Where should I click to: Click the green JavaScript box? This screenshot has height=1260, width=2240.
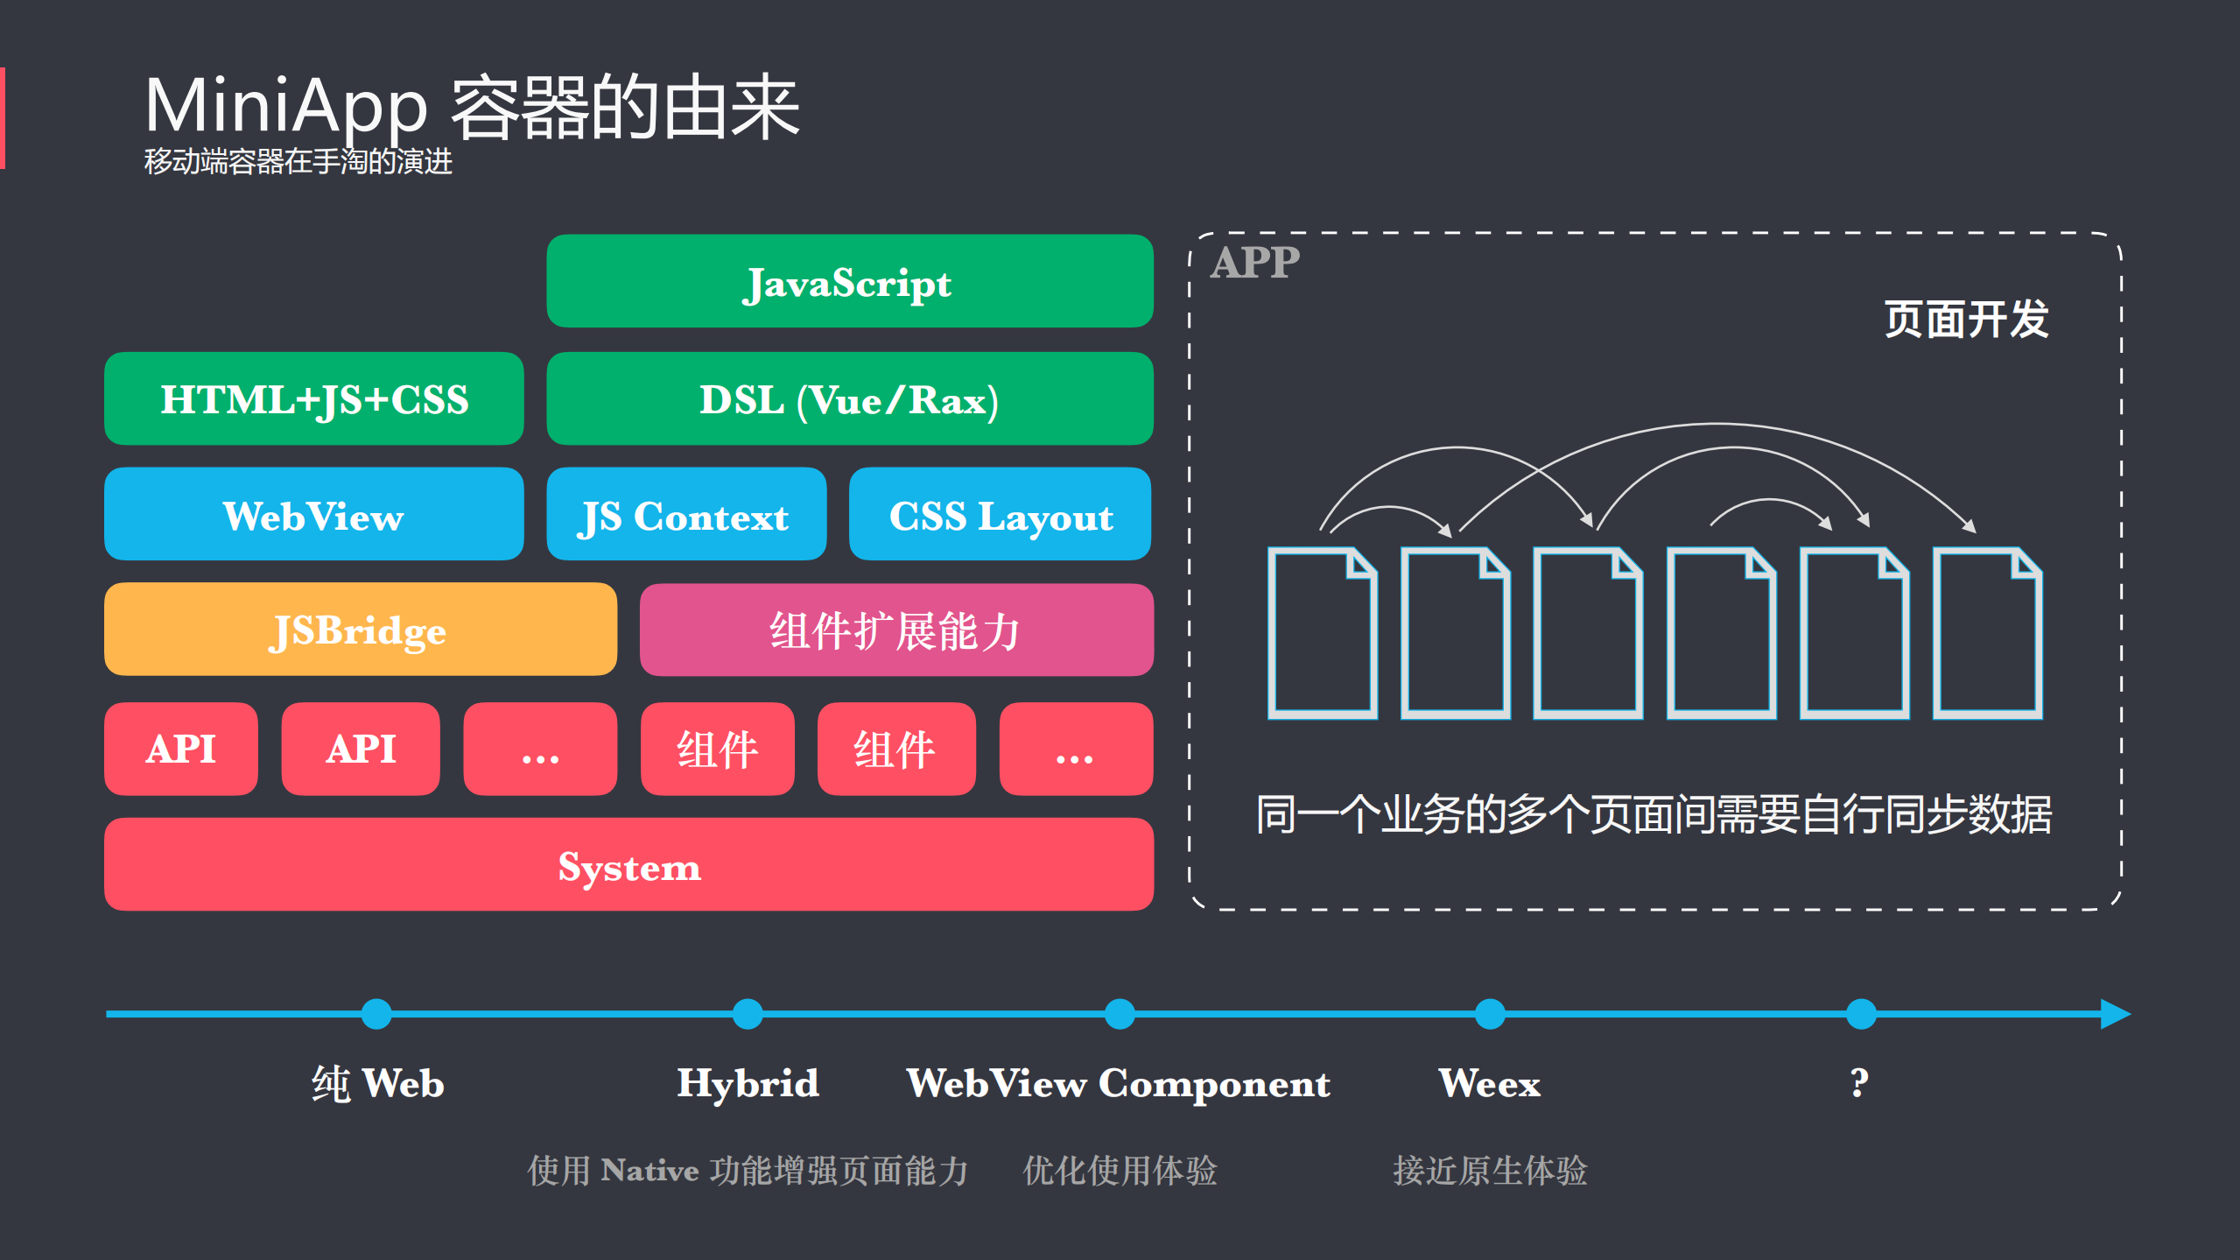[x=849, y=281]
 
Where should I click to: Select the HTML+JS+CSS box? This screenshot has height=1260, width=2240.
[x=313, y=399]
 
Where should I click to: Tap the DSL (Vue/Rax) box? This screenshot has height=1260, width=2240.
[x=849, y=399]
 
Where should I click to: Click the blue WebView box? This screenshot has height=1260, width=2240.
[x=313, y=515]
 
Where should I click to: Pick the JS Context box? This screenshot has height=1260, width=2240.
[x=685, y=515]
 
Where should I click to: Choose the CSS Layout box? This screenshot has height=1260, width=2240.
[x=1000, y=515]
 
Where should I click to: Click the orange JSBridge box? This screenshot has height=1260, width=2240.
[x=360, y=630]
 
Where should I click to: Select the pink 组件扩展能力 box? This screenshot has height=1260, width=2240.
[x=895, y=630]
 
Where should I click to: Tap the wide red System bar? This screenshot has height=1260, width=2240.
[x=628, y=865]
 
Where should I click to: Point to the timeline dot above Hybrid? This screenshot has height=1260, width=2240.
[x=748, y=1014]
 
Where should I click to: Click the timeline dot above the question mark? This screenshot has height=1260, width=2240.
[x=1860, y=1014]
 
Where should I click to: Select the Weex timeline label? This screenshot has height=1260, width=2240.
[x=1489, y=1084]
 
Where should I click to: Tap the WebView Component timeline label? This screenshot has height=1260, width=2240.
[x=1118, y=1084]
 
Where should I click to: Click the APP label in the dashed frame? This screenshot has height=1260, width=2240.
[x=1254, y=262]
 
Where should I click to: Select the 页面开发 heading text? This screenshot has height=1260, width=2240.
[x=1966, y=319]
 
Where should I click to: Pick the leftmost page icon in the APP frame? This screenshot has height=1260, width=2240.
[x=1322, y=633]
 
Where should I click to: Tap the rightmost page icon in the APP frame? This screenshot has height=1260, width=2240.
[x=1987, y=633]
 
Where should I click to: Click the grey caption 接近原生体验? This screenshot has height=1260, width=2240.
[x=1489, y=1171]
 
